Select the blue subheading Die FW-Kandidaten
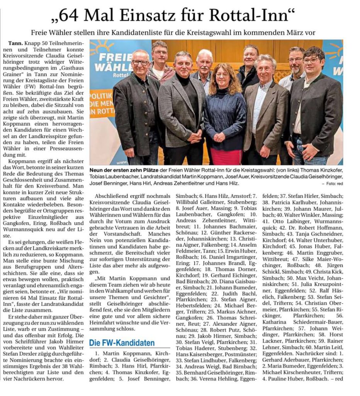click(x=122, y=343)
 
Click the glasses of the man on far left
click(x=140, y=62)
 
